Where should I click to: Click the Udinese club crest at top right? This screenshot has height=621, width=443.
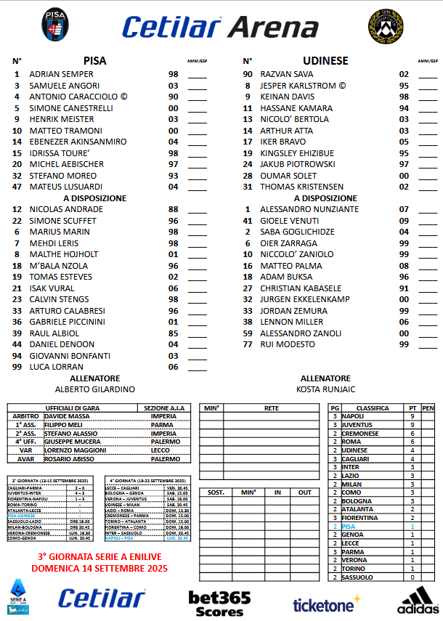point(383,25)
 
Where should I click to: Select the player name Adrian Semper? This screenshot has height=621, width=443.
point(62,74)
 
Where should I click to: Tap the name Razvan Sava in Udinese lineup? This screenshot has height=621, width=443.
point(288,74)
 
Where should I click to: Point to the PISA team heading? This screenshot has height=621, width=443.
point(94,61)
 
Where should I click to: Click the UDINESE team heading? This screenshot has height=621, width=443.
point(325,61)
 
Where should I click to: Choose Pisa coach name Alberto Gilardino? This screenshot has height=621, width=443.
point(94,389)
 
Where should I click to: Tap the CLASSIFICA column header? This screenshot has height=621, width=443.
point(372,408)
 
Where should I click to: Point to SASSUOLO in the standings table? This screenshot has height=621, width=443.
point(358,577)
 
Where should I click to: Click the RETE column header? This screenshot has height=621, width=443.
point(271,408)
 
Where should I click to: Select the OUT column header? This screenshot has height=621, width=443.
point(305,492)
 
